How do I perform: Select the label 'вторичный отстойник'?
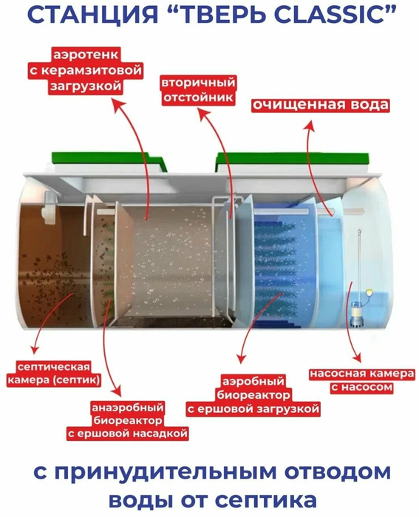[198, 89]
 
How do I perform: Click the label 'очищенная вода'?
[321, 105]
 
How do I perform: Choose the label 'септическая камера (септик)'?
[53, 373]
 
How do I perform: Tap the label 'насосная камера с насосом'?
[362, 380]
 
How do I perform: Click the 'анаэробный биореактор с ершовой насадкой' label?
[128, 420]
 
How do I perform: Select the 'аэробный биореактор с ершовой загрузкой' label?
[253, 394]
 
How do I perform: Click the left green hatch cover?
[109, 162]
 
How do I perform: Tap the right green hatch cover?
[292, 162]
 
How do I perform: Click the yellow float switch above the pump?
[369, 292]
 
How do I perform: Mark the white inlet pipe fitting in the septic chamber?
[50, 206]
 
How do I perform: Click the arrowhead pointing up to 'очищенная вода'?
[308, 125]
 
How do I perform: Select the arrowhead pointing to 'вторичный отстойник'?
[203, 115]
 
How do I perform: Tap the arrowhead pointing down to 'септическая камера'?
[34, 350]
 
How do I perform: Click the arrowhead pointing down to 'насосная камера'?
[356, 358]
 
